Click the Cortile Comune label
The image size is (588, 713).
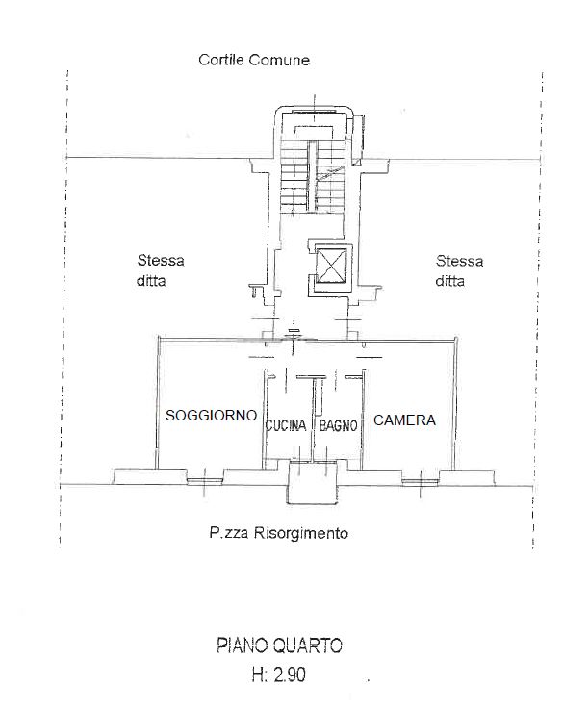click(254, 60)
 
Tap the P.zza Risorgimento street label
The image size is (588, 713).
click(279, 532)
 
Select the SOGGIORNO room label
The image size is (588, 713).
click(211, 415)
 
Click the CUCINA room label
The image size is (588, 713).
click(286, 425)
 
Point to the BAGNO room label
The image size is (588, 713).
click(338, 425)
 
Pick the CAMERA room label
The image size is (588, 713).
click(404, 420)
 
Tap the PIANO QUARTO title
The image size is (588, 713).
click(279, 646)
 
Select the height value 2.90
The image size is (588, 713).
click(290, 675)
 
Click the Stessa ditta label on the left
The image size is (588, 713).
click(161, 270)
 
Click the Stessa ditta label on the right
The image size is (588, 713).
click(459, 270)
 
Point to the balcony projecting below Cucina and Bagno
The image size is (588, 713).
click(313, 482)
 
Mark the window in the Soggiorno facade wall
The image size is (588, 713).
click(205, 481)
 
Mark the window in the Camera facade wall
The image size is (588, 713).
click(421, 481)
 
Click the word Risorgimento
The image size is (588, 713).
click(300, 533)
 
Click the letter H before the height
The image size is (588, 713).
click(257, 675)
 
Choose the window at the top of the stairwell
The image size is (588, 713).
click(314, 111)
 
